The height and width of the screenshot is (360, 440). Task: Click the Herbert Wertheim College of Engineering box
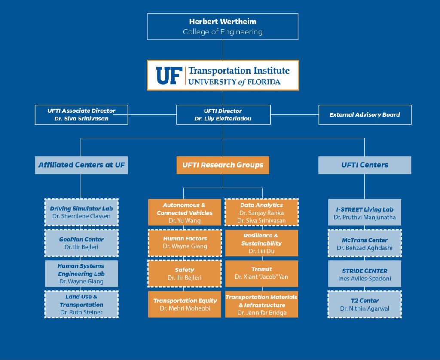(223, 27)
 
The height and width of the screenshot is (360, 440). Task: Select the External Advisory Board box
(364, 115)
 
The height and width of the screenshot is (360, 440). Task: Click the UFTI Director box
(223, 115)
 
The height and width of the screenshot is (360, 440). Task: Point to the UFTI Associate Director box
(81, 115)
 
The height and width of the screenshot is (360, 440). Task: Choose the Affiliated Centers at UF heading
(81, 165)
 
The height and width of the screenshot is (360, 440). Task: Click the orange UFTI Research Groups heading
(223, 165)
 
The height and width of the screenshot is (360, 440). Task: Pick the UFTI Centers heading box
(364, 165)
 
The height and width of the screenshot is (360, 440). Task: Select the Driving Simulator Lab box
(81, 212)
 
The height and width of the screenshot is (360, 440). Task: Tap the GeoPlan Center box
(81, 243)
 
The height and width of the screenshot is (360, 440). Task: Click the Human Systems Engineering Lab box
(81, 274)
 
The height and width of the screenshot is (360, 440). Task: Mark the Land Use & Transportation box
(81, 305)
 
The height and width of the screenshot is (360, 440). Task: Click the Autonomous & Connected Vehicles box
(184, 212)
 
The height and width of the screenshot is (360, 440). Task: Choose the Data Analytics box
(261, 212)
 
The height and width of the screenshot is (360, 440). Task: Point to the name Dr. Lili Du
(261, 251)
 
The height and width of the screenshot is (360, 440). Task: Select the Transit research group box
(261, 274)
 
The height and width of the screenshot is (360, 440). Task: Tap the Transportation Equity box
(184, 305)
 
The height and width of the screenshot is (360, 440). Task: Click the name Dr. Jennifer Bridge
(262, 313)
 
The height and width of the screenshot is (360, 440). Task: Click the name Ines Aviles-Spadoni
(364, 279)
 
